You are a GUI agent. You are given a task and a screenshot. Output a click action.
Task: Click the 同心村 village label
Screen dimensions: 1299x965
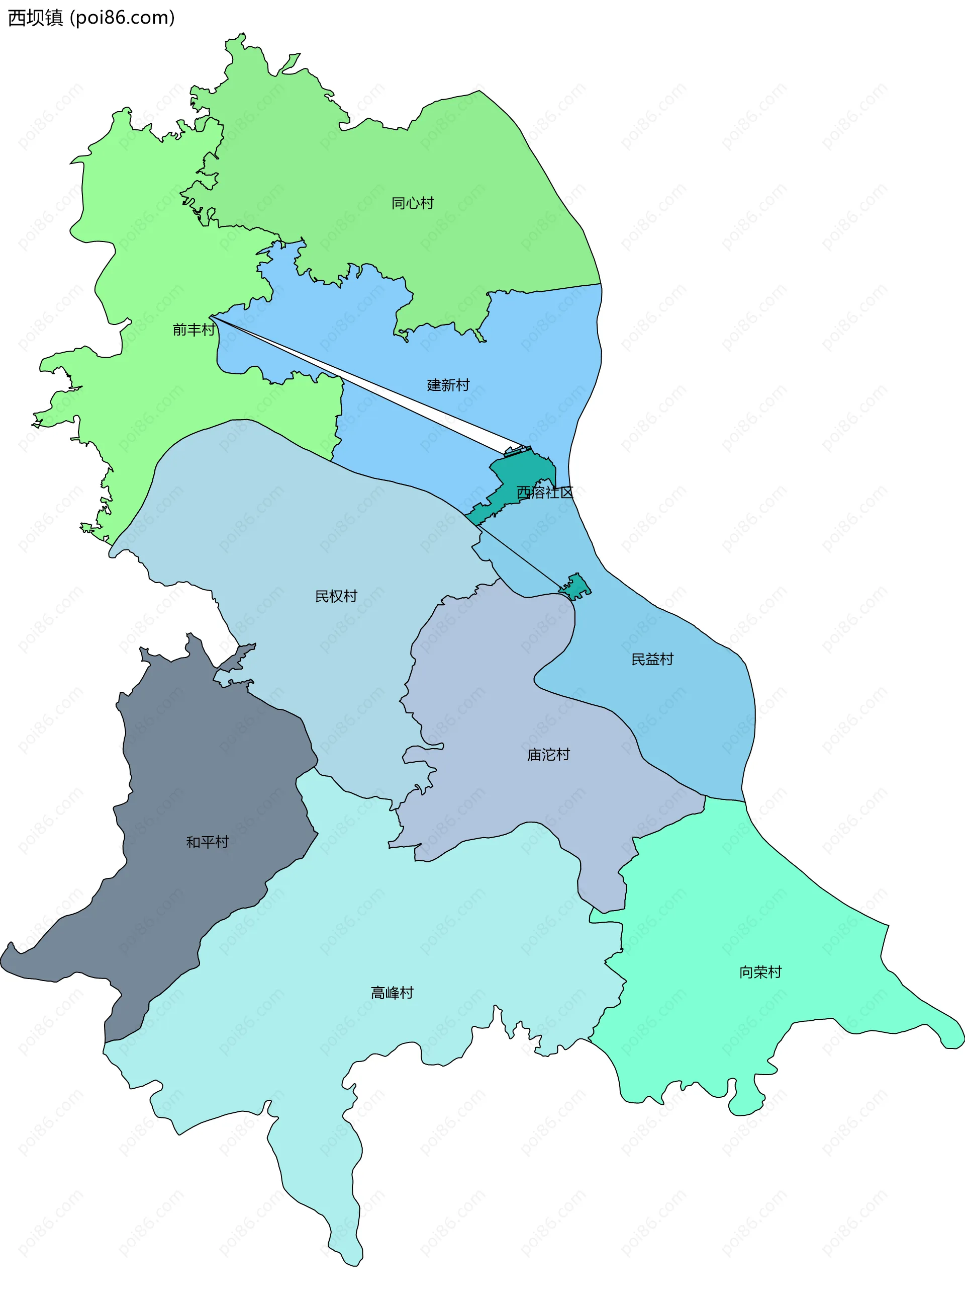click(x=413, y=203)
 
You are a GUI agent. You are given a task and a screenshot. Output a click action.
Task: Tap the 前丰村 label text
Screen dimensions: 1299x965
click(x=194, y=330)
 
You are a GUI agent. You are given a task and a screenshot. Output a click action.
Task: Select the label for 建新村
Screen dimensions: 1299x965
click(x=448, y=385)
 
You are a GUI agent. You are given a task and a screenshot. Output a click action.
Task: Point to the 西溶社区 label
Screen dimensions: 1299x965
click(x=544, y=492)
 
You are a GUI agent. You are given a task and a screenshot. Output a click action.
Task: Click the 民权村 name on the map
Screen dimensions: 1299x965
click(x=336, y=596)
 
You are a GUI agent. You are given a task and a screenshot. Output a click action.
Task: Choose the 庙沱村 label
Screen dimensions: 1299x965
click(x=548, y=754)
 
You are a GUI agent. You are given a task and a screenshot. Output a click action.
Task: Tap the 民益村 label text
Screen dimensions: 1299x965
click(x=652, y=659)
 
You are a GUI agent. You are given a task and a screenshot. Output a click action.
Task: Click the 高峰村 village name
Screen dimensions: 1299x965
click(x=392, y=992)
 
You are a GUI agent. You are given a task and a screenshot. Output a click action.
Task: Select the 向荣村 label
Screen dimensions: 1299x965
click(x=760, y=971)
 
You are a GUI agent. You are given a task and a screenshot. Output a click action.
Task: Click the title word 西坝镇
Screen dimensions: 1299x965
click(x=35, y=18)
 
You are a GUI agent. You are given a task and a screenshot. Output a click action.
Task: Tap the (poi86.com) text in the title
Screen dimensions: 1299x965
click(x=122, y=18)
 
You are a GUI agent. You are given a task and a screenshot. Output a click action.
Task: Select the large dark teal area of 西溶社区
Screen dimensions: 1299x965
click(x=520, y=473)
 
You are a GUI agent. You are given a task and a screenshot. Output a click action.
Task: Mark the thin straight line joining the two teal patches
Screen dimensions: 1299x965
click(x=520, y=556)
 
